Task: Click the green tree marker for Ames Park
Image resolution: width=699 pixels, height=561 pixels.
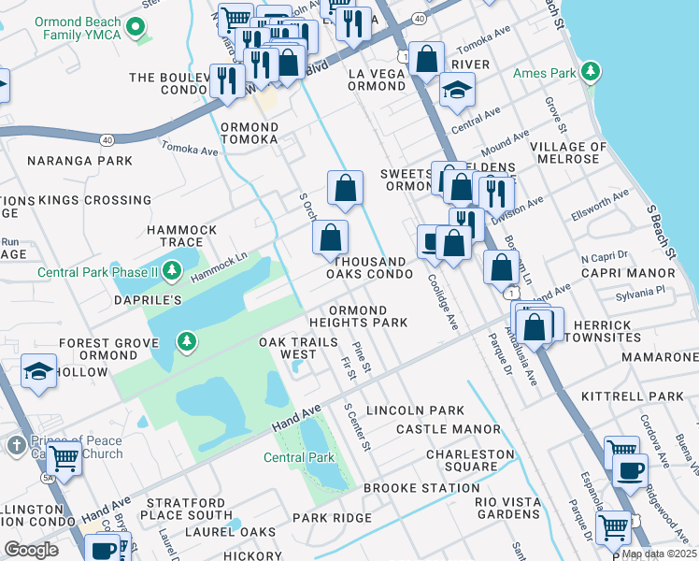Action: (x=590, y=71)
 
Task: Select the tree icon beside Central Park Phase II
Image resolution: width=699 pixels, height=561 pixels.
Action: (x=171, y=271)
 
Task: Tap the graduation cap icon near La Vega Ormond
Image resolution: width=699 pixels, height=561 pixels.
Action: (x=457, y=90)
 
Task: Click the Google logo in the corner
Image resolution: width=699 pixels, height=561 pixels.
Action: (x=31, y=549)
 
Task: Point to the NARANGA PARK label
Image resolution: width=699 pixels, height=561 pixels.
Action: (x=80, y=161)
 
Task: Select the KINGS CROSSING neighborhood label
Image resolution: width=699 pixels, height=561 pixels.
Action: (x=82, y=200)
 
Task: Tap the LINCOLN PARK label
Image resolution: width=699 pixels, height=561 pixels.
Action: (x=415, y=410)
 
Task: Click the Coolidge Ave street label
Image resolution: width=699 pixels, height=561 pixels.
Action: (x=442, y=300)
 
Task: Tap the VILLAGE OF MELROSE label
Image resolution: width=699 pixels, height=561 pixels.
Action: (x=568, y=152)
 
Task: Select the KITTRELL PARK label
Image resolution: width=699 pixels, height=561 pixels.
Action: (x=633, y=396)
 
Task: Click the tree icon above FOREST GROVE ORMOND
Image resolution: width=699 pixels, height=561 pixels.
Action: (x=188, y=339)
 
